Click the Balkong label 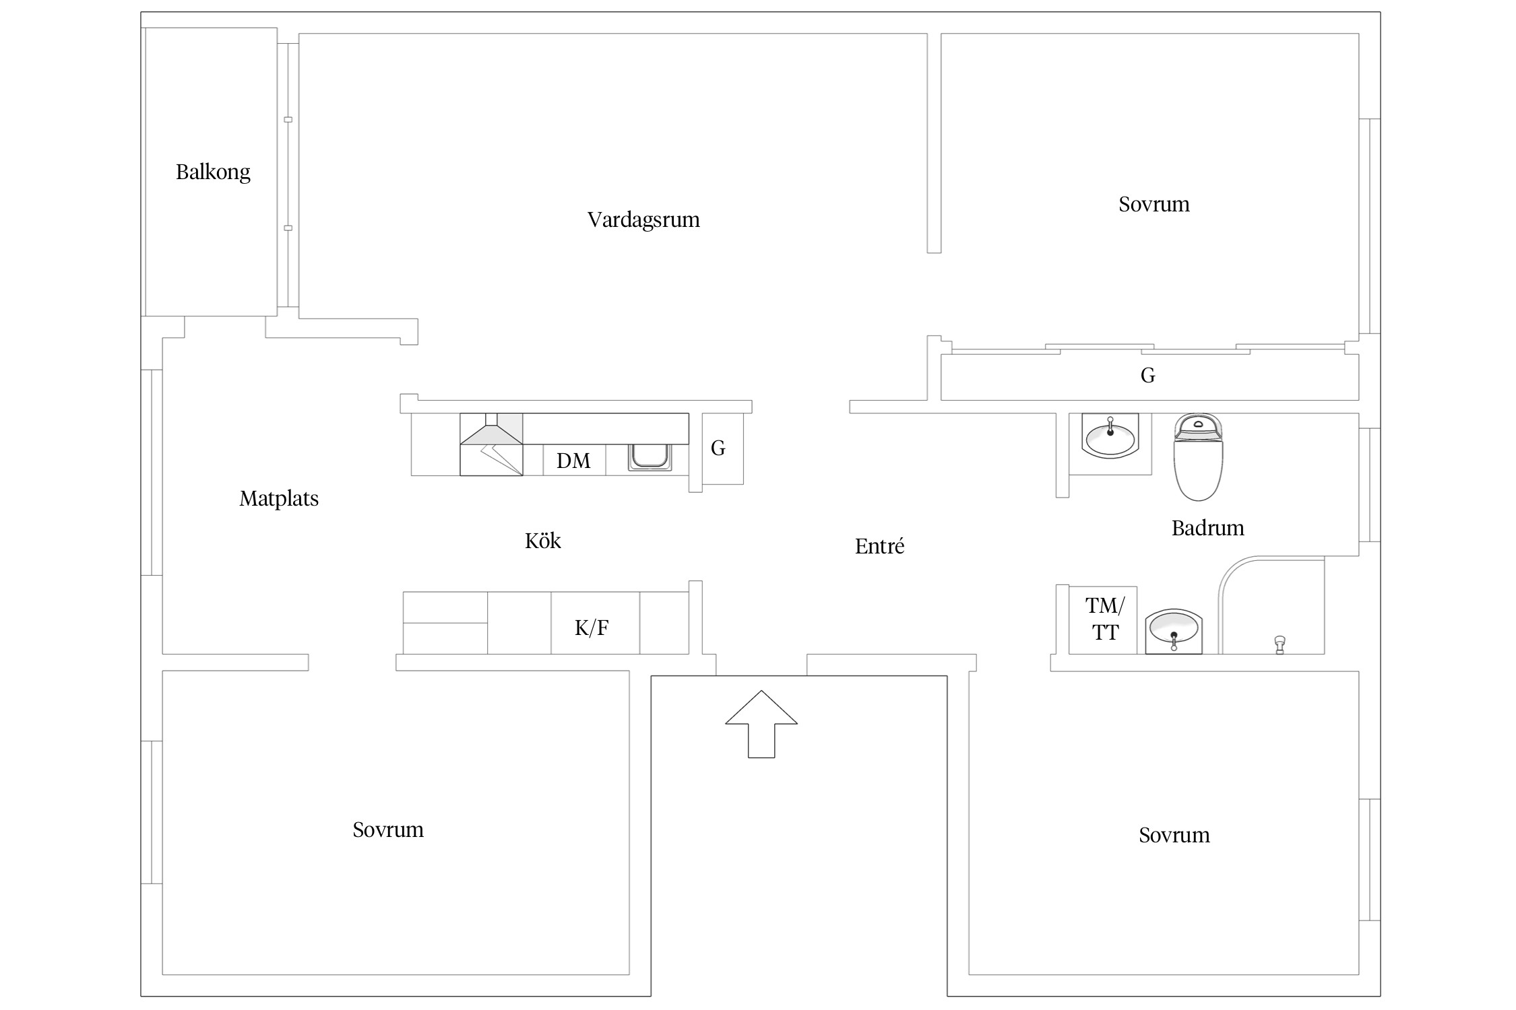click(213, 172)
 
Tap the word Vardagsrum click(643, 220)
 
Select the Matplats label click(279, 499)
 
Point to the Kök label click(543, 541)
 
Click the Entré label click(879, 546)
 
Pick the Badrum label click(1207, 528)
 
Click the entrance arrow click(761, 724)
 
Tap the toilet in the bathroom click(1198, 457)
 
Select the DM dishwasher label click(573, 461)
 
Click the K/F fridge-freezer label click(592, 628)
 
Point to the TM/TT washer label click(1105, 619)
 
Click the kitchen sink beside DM click(650, 457)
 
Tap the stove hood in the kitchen click(491, 444)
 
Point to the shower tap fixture click(1280, 644)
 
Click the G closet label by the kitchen click(718, 448)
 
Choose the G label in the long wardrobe click(1148, 375)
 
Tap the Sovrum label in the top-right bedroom click(1154, 204)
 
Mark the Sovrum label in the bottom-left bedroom click(388, 830)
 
